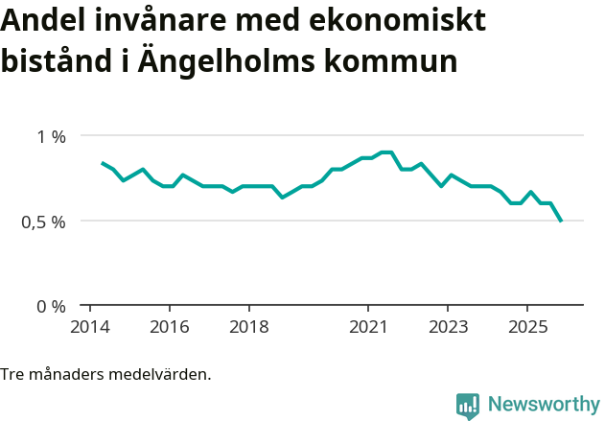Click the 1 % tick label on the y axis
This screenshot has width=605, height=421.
coord(52,137)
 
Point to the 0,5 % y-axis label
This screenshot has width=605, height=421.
coord(44,222)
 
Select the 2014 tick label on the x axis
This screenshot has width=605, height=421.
coord(89,327)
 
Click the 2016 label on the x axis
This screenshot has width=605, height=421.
coord(169,327)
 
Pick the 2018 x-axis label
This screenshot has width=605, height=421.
coord(248,327)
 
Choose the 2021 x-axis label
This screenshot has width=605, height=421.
coord(367,327)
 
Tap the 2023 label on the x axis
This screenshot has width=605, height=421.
coord(447,327)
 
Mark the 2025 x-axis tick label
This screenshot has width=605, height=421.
coord(526,327)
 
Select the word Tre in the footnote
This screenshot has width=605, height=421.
coord(12,374)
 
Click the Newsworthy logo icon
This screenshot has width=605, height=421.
coord(468,406)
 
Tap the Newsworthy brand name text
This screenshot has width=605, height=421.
coord(544,405)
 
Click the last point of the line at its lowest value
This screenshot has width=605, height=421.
coord(561,222)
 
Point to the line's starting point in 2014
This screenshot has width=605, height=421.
coord(102,163)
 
